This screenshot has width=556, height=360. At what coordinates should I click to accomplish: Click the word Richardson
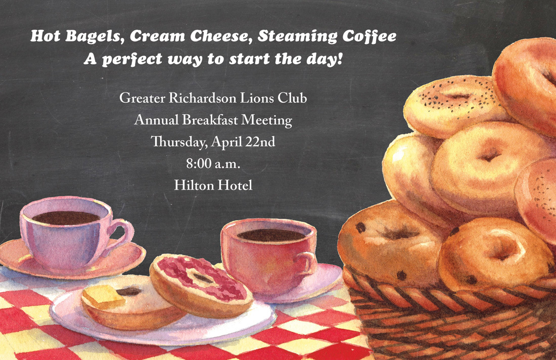202,98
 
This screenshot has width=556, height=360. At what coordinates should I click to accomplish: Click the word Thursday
179,142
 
